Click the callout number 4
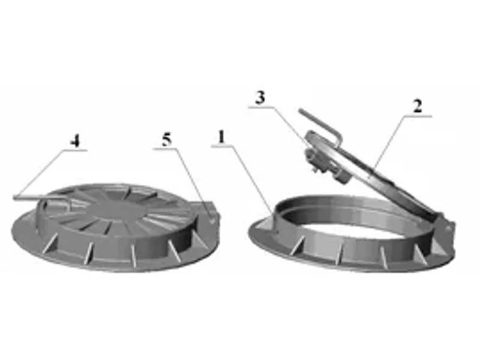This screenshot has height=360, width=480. (x=76, y=142)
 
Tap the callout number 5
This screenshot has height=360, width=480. (x=167, y=140)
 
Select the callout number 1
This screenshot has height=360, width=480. (x=222, y=137)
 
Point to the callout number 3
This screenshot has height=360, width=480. (x=260, y=98)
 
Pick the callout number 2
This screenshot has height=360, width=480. (x=418, y=107)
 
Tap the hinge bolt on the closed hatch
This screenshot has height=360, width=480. (x=212, y=219)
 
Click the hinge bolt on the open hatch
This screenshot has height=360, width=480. (x=448, y=229)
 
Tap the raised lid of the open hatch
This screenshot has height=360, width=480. (x=372, y=172)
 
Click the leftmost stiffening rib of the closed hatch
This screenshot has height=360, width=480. (x=50, y=244)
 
